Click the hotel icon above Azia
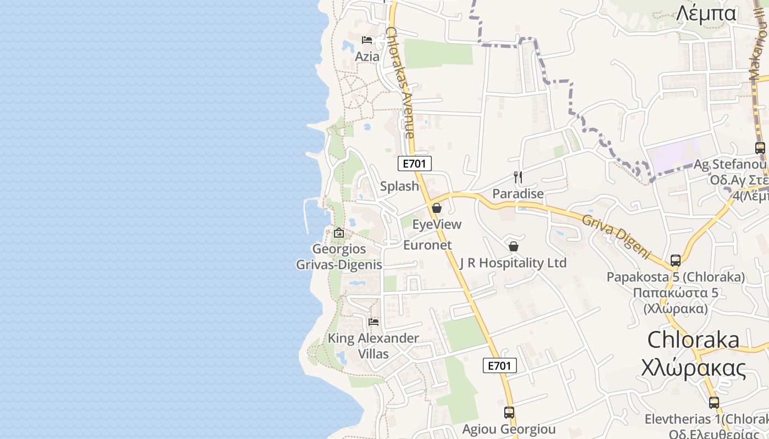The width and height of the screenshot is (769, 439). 367,40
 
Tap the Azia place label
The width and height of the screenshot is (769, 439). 367,56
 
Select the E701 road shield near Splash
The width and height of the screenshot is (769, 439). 415,163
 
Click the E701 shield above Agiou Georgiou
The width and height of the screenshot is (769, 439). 500,365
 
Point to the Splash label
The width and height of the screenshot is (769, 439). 399,186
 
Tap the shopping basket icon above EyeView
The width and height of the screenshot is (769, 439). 437,208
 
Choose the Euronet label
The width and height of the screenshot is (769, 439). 427,245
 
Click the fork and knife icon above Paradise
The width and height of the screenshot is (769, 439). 517,177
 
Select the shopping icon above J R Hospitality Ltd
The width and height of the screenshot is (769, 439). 514,246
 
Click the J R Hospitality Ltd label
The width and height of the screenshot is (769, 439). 513,263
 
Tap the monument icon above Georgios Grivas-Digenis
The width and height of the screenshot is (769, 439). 339,233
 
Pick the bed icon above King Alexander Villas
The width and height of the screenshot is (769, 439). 374,322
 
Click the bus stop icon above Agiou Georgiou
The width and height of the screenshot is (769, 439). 509,412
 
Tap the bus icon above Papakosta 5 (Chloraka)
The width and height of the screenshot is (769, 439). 676,261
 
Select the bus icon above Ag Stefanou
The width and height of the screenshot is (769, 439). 760,148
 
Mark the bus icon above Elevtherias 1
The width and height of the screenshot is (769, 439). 714,402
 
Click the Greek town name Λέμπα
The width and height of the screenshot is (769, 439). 706,13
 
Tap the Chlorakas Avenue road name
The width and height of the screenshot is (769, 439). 400,82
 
